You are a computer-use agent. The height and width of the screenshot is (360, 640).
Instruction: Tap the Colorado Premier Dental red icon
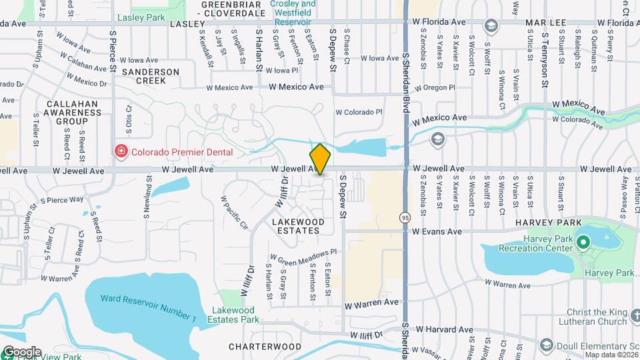click(x=121, y=151)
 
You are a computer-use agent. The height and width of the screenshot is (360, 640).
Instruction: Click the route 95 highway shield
click(x=405, y=217)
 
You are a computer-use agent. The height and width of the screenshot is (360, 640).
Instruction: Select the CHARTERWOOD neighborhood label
click(x=265, y=347)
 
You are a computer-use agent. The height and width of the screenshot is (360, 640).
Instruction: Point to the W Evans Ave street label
click(x=437, y=231)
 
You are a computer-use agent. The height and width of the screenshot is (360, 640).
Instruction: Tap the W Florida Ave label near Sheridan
click(x=439, y=22)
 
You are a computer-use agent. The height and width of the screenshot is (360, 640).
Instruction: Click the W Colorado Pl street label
click(x=359, y=113)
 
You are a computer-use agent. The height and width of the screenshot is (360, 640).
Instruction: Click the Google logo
click(x=21, y=351)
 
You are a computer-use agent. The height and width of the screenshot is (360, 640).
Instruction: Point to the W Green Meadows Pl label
click(x=304, y=254)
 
